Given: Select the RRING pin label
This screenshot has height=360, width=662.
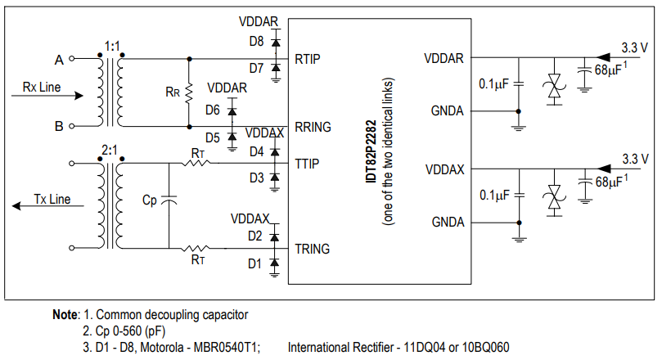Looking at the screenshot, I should click(313, 127).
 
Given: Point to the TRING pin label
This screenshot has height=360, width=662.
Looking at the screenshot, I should click(313, 249).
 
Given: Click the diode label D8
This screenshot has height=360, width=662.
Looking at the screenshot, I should click(256, 40).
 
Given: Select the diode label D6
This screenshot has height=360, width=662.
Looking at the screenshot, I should click(213, 110).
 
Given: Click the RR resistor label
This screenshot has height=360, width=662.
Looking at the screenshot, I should click(172, 92).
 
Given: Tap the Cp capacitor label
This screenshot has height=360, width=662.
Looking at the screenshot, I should click(149, 199).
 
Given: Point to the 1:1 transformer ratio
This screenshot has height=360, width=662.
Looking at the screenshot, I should click(112, 45).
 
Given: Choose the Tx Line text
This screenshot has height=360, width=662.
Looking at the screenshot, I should click(52, 199).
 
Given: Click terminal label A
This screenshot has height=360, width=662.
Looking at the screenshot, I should click(58, 60).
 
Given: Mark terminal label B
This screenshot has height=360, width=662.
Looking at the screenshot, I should click(58, 126).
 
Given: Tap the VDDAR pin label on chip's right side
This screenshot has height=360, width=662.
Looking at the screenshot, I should click(444, 59).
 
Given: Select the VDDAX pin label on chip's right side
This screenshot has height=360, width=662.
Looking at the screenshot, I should click(444, 169).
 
